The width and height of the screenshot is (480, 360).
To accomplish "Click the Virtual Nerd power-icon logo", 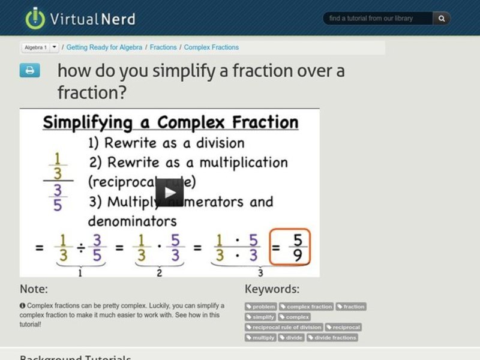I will (x=35, y=18).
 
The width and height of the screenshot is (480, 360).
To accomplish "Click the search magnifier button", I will (x=442, y=19).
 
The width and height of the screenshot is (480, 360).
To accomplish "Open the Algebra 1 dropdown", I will (x=55, y=47).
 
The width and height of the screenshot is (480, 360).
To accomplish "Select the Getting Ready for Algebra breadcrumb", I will (x=104, y=47).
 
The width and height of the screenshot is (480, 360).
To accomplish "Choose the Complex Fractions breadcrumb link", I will (x=211, y=47).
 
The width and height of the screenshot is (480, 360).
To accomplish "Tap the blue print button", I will (x=30, y=71).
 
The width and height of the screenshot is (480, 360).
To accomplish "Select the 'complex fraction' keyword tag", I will (x=306, y=307).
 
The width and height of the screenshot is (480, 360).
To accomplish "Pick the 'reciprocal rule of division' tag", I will (x=284, y=327).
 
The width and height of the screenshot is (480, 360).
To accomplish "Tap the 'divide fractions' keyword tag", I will (x=332, y=338).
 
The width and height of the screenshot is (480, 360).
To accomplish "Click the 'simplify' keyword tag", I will (x=260, y=317).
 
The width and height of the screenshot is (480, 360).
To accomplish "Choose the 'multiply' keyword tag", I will (x=260, y=338).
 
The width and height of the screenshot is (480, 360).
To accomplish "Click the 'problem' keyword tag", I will (x=260, y=307).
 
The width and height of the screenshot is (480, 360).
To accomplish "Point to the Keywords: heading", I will (x=272, y=289).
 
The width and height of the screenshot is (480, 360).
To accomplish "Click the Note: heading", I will (x=34, y=289).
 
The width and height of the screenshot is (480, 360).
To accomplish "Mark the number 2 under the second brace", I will (x=159, y=273).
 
